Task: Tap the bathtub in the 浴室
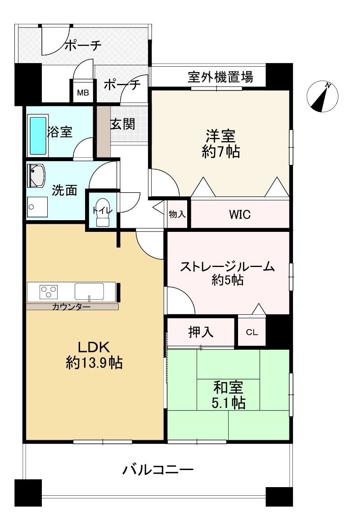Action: pos(38,135)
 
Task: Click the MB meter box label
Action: pos(83,93)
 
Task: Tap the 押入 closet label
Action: pos(201,332)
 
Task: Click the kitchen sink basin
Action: pos(89,291)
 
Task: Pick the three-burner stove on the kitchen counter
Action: pos(49,292)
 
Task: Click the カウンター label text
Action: pos(71,307)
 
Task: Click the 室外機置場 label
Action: pos(220,77)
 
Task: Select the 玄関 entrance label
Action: pos(123,123)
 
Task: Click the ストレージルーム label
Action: pos(227,267)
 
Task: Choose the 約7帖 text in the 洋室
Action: pos(220,152)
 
